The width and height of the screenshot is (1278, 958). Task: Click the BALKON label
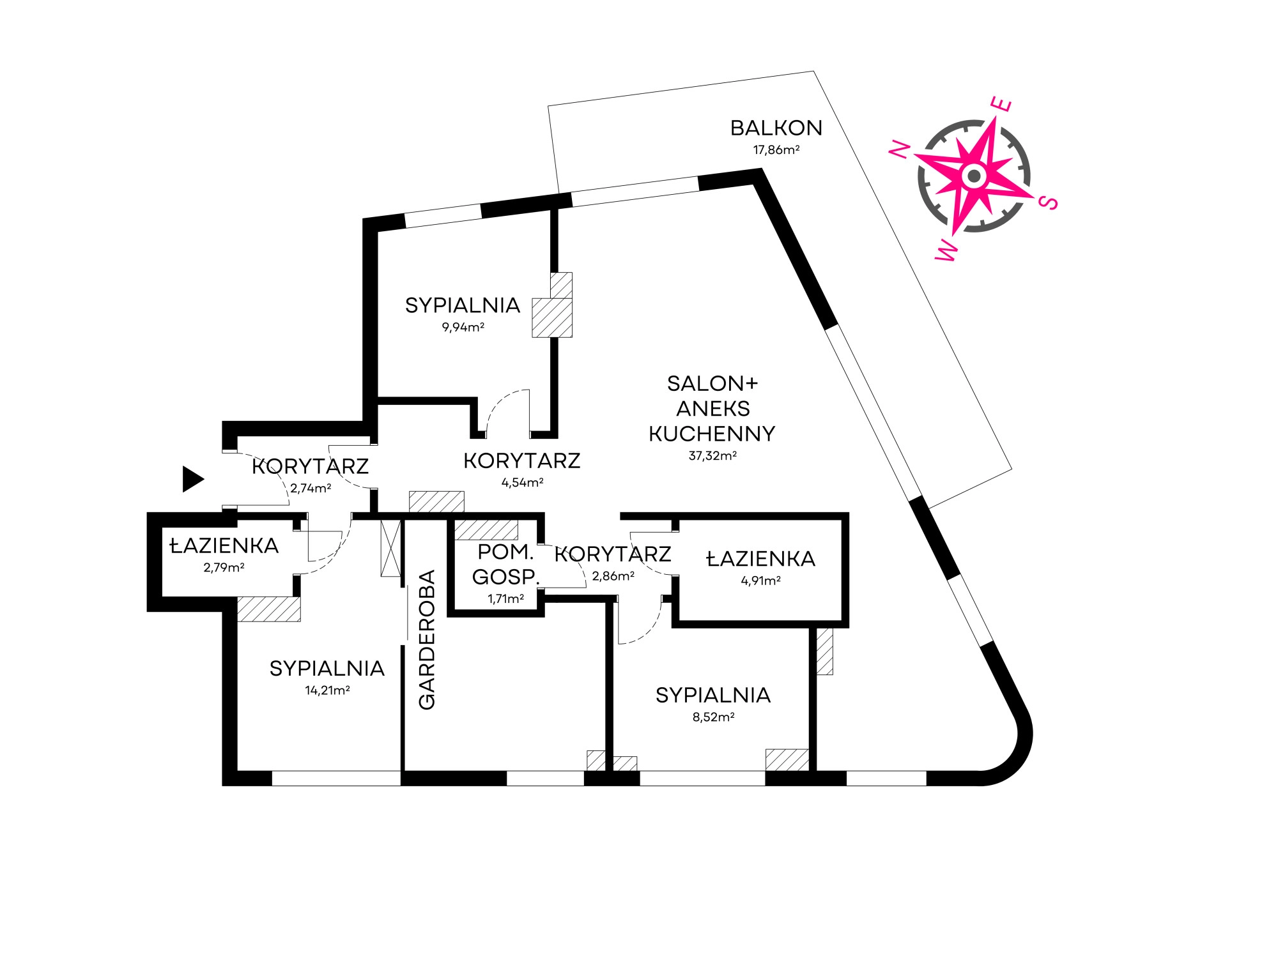point(776,128)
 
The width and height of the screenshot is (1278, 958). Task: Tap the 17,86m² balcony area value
point(776,150)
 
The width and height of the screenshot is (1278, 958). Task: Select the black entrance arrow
point(192,479)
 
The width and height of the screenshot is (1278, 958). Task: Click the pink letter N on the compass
point(900,149)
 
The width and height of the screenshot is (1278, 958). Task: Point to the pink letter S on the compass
point(1049,202)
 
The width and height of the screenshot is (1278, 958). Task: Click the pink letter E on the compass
point(1001,104)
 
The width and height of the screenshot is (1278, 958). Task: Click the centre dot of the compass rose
point(974,176)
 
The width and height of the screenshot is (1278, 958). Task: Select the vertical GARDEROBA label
point(426,639)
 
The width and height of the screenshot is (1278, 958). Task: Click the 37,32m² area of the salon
point(712,456)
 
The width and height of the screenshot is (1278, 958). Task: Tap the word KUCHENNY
point(712,434)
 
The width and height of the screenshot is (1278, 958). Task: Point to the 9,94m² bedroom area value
point(463,328)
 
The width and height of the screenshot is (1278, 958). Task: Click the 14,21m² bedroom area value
point(327,690)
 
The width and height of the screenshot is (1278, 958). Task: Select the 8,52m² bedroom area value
point(713,717)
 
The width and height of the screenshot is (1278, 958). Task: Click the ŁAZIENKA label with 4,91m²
point(760,559)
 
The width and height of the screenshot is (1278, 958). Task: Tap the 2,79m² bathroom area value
point(224,568)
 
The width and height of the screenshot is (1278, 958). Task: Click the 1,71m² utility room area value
point(505,599)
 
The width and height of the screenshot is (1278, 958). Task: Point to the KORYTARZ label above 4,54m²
point(521,461)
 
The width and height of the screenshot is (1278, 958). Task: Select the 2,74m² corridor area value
point(311,489)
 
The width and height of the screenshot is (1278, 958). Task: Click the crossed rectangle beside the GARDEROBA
point(390,549)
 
